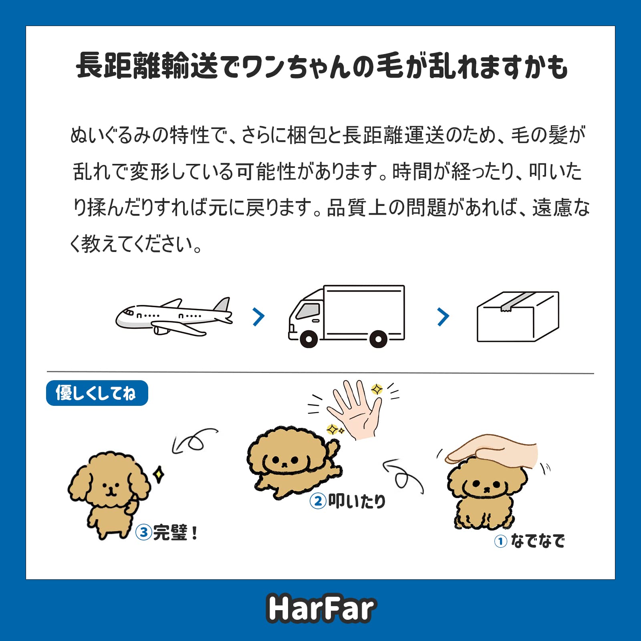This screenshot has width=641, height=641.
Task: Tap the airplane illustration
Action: tap(174, 317)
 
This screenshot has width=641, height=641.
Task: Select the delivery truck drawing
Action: tap(347, 316)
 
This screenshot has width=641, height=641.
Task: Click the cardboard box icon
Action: tap(518, 316)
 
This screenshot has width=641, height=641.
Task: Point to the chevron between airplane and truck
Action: tap(259, 317)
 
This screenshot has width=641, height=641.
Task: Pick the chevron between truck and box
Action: tap(443, 317)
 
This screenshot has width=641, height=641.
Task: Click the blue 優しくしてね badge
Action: tap(97, 393)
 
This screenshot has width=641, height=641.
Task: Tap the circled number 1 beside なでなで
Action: tap(500, 542)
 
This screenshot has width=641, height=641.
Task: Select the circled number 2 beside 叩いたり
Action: tap(318, 501)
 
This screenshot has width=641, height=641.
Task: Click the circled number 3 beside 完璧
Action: tap(143, 532)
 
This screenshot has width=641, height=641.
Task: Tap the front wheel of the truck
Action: tap(308, 339)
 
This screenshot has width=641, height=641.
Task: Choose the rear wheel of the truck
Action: tap(378, 339)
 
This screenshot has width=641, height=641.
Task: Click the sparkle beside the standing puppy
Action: tap(159, 474)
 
